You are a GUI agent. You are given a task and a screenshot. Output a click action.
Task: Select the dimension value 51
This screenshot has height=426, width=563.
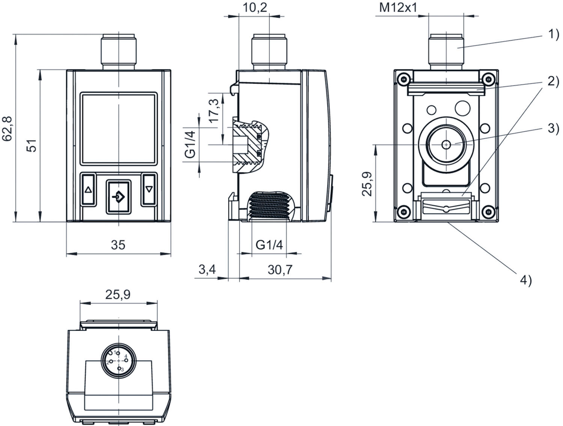[x=33, y=145]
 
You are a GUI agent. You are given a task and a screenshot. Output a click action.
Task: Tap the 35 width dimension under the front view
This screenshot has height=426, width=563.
[x=118, y=245]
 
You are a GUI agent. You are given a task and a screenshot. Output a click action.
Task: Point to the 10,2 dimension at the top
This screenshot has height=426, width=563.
[x=255, y=7]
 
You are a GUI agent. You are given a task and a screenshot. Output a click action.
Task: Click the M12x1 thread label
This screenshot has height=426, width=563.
[x=398, y=8]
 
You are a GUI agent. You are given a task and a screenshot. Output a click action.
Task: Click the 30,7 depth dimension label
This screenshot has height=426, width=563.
[x=280, y=270]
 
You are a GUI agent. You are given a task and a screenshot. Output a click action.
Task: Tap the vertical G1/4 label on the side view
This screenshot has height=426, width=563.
[x=191, y=144]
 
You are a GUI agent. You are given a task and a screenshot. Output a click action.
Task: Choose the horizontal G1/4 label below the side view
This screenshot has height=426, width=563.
[x=269, y=245]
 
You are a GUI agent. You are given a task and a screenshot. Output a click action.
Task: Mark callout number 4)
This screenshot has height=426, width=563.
[x=525, y=280]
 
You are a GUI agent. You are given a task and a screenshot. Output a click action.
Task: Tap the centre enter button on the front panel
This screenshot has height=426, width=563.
[x=119, y=197]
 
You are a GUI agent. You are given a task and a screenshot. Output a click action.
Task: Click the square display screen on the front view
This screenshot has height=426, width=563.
[x=118, y=129]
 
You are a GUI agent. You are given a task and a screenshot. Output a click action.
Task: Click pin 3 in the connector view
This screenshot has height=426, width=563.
[x=120, y=368]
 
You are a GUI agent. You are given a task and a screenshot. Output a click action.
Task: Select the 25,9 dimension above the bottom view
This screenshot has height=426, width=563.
[x=118, y=295]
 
